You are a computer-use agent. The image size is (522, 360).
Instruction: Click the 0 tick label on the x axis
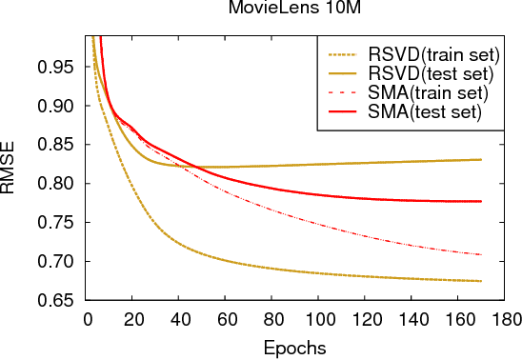(87, 318)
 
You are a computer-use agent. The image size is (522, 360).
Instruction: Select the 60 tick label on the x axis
(226, 318)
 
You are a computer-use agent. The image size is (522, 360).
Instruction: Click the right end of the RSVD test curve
(481, 160)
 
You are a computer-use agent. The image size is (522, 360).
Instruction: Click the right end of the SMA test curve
(481, 201)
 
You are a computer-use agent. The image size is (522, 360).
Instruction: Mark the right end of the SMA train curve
(481, 254)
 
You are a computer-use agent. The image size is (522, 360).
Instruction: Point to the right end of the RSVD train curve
(481, 281)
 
